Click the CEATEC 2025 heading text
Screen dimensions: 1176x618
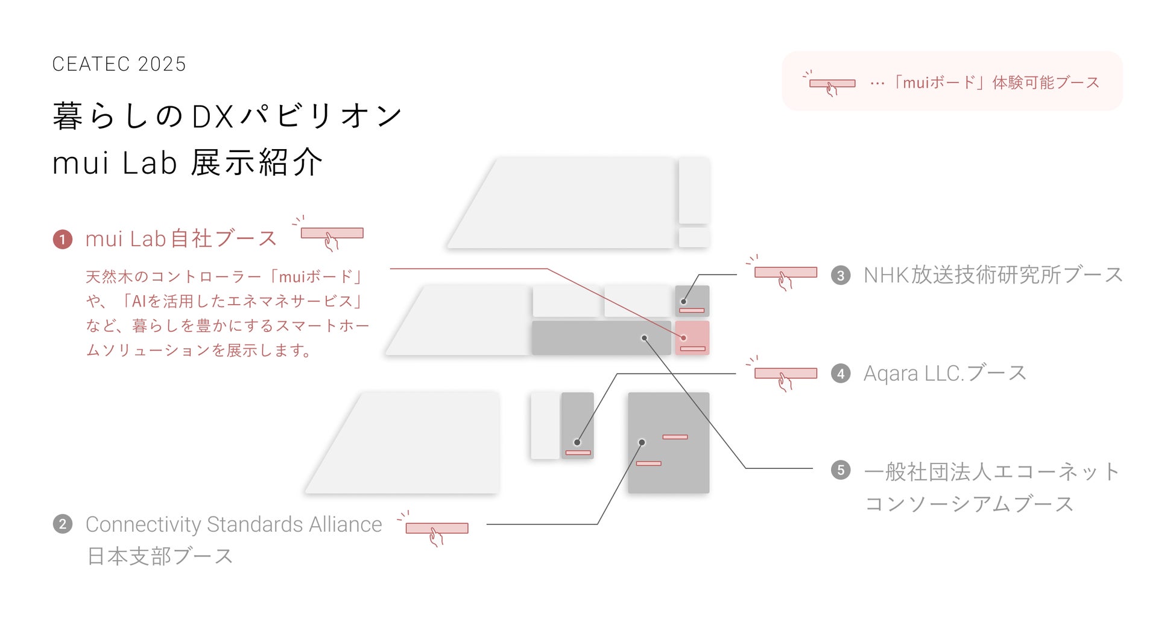[119, 64]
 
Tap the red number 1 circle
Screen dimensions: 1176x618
[63, 240]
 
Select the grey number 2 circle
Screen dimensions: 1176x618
[63, 524]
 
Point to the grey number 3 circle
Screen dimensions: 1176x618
[841, 276]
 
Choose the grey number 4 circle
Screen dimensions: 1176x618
[841, 374]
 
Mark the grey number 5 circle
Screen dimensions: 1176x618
[841, 470]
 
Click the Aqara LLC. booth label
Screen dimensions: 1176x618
[944, 374]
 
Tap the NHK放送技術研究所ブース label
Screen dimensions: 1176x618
[993, 275]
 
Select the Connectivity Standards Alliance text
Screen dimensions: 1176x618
[233, 524]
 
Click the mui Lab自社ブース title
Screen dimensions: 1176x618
[181, 239]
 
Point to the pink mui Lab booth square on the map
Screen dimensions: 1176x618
[692, 338]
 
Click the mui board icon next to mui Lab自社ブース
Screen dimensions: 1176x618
[332, 234]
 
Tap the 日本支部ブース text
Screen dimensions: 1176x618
[160, 556]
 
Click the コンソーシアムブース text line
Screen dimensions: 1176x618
[969, 504]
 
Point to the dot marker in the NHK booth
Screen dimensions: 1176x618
[683, 302]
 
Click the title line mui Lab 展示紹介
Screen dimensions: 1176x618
[187, 163]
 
